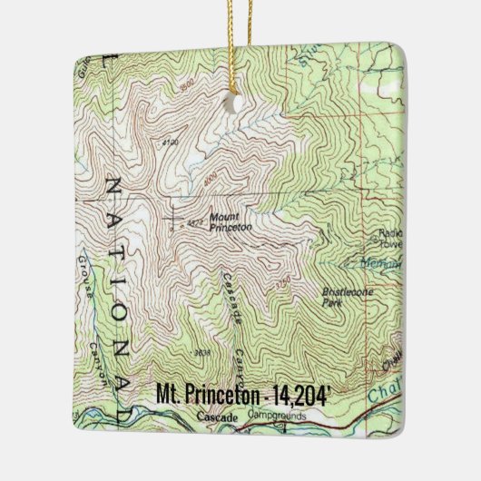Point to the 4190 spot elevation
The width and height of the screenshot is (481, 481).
[169, 142]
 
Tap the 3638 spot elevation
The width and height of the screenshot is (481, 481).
[202, 349]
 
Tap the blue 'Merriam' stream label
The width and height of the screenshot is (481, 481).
[387, 263]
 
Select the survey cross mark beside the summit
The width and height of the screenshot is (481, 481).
[172, 218]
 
